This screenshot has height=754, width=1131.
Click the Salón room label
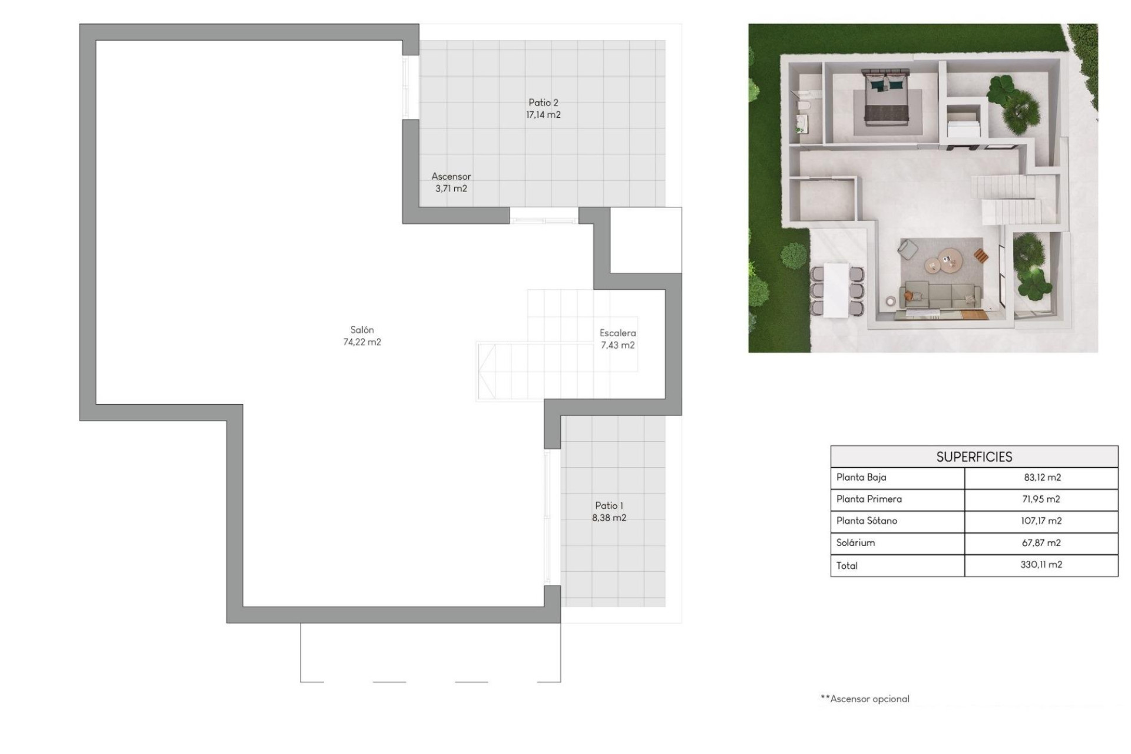coord(362,330)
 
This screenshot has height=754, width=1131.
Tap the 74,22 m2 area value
coord(362,342)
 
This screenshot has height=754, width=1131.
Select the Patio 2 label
coord(543,102)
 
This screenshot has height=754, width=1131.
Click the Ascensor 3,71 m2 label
coord(451,182)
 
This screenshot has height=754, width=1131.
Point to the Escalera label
coord(617,333)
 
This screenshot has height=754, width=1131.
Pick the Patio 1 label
coord(609,505)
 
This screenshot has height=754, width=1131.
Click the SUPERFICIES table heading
coord(974,457)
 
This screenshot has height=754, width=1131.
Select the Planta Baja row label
coord(861,478)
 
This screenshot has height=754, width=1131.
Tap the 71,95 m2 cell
coord(1041,500)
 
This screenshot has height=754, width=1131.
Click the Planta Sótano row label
coord(867,521)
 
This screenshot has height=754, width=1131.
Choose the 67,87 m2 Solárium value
coord(1041,543)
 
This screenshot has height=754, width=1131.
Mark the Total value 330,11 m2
coord(1041,565)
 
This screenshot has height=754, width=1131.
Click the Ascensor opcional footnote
coord(865,699)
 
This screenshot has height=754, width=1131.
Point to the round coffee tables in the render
coord(943,261)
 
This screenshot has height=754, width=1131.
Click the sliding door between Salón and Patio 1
coord(548,517)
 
